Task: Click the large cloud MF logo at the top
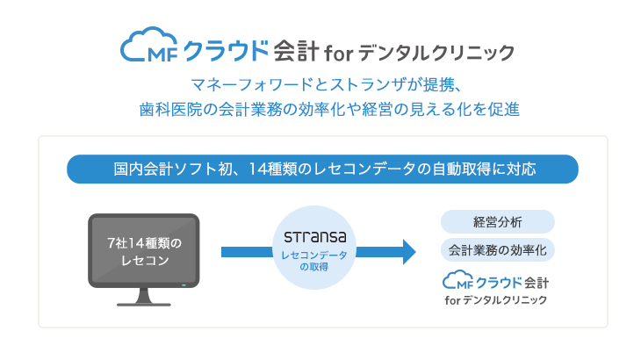(148, 45)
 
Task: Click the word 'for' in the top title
(338, 54)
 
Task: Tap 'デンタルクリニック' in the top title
(436, 53)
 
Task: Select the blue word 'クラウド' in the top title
(226, 51)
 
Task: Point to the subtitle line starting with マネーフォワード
(327, 85)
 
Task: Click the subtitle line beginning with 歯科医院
(329, 109)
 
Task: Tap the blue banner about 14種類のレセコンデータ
(322, 169)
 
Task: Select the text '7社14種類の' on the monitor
(144, 243)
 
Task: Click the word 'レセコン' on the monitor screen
(145, 260)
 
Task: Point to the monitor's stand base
(144, 305)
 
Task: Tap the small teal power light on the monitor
(184, 284)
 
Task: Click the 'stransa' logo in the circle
(314, 236)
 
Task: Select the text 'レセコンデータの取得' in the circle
(314, 261)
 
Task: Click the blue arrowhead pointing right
(409, 252)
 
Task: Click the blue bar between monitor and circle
(247, 252)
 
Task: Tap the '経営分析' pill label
(498, 222)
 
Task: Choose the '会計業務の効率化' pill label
(498, 250)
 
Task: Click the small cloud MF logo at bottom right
(457, 280)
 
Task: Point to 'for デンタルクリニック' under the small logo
(496, 300)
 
